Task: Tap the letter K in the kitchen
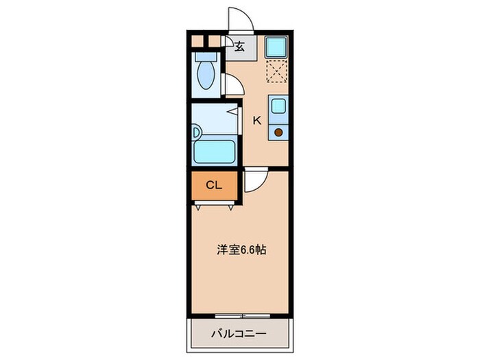click(x=257, y=121)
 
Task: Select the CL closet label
click(x=214, y=185)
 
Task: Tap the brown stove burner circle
click(x=279, y=132)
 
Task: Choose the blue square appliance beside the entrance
click(x=277, y=47)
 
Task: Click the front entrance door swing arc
click(x=240, y=19)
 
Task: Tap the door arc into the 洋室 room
click(x=251, y=180)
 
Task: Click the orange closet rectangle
click(x=214, y=185)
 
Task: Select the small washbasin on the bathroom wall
click(x=195, y=132)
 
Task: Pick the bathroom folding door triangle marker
click(x=234, y=111)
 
